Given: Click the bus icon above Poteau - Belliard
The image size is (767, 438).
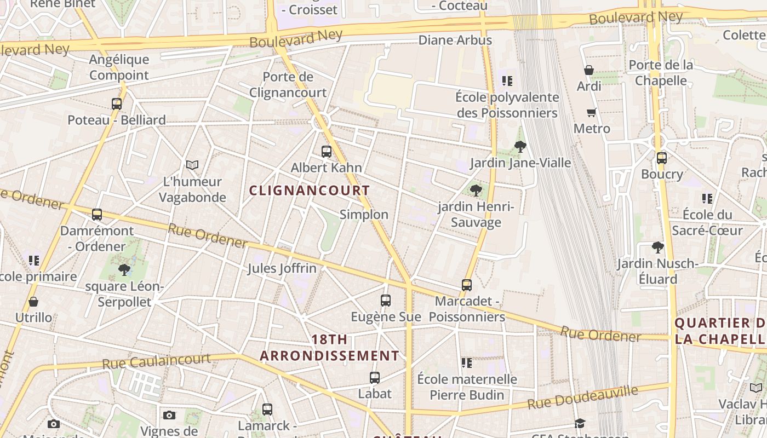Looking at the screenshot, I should tap(117, 104).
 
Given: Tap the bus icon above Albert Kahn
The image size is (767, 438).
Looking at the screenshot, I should tap(327, 152).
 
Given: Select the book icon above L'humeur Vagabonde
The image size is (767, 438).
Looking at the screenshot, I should tap(192, 165).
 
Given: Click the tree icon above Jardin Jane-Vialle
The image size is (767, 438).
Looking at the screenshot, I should tap(520, 147).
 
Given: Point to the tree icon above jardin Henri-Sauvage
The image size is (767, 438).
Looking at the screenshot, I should tap(477, 191).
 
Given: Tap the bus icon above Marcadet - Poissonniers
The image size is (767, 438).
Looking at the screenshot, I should tap(467, 285).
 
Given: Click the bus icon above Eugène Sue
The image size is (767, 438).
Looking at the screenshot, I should tap(386, 301).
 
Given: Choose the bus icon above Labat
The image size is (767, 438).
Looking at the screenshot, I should tap(375, 378).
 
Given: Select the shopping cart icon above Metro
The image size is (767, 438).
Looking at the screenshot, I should tap(591, 113).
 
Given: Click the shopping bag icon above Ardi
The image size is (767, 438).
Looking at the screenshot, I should tap(589, 70).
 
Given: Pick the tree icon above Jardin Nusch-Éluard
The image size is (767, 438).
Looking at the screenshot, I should tap(658, 247).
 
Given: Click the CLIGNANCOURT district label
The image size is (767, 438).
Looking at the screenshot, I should tap(310, 191).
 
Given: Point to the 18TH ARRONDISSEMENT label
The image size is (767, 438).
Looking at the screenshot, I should tap(329, 348).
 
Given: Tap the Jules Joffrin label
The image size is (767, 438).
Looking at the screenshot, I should tap(282, 268).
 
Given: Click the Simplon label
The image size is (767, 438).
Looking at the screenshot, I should tap(364, 215).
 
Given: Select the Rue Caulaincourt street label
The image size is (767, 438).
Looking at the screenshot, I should tap(156, 361).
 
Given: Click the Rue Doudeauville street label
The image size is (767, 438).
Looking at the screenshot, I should tap(582, 398).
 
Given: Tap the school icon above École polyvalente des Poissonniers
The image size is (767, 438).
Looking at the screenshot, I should tap(507, 81).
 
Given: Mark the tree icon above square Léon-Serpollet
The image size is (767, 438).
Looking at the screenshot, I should tap(124, 269).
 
